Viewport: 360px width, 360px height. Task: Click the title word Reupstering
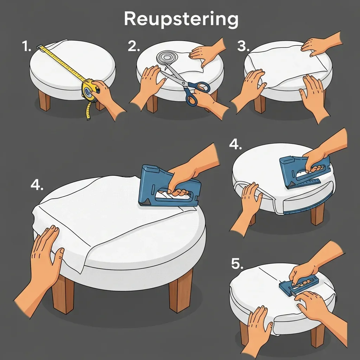pyautogui.click(x=181, y=19)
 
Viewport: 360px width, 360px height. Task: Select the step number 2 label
pyautogui.click(x=134, y=46)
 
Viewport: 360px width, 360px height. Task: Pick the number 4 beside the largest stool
pyautogui.click(x=37, y=185)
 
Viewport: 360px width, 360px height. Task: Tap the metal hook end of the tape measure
pyautogui.click(x=39, y=47)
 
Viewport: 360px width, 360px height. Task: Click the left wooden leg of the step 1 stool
pyautogui.click(x=44, y=100)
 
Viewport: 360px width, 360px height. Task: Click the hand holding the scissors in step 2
pyautogui.click(x=207, y=101)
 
